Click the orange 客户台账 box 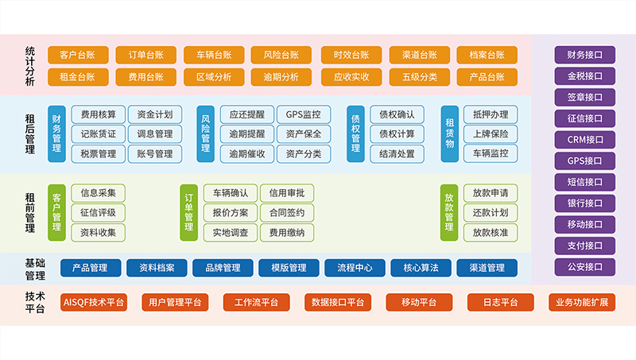[x=77, y=55]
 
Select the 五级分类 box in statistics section [x=419, y=77]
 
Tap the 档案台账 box [x=487, y=55]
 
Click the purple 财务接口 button [x=584, y=55]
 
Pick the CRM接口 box [x=584, y=140]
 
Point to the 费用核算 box [x=98, y=114]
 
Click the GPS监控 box [x=303, y=114]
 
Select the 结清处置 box [x=397, y=153]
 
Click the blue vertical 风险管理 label [x=206, y=133]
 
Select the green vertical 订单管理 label [x=189, y=211]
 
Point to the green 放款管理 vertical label [x=449, y=211]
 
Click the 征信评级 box [x=98, y=212]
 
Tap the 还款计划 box [x=491, y=212]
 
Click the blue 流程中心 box [x=355, y=268]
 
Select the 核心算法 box [x=421, y=268]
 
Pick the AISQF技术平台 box [x=94, y=302]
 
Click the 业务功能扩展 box [x=581, y=302]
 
